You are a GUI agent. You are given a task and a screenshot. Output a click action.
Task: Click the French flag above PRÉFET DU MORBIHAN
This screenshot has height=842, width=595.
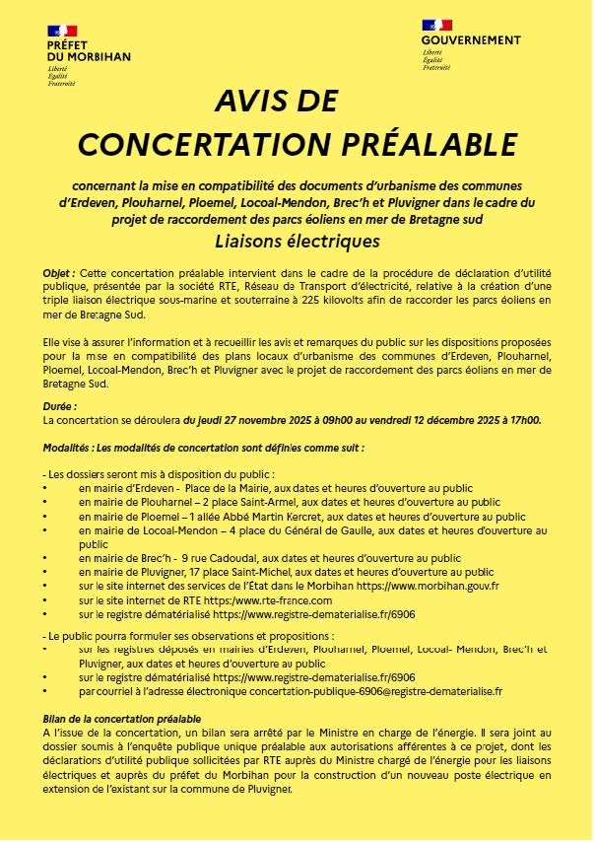pos(62,35)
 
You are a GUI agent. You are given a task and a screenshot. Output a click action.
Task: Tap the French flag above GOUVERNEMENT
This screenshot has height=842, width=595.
pos(436,25)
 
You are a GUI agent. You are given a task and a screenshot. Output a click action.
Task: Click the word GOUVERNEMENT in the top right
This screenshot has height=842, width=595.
pos(470,40)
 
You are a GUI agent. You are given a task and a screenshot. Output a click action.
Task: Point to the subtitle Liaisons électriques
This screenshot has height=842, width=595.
pos(297,241)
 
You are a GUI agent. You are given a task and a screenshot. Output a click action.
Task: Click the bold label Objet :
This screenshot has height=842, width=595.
pos(59,271)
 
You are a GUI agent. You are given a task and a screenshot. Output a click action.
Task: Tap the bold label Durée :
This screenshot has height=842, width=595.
pos(60,405)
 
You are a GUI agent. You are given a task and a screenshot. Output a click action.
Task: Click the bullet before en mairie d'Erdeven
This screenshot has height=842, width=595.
pos(45,488)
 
